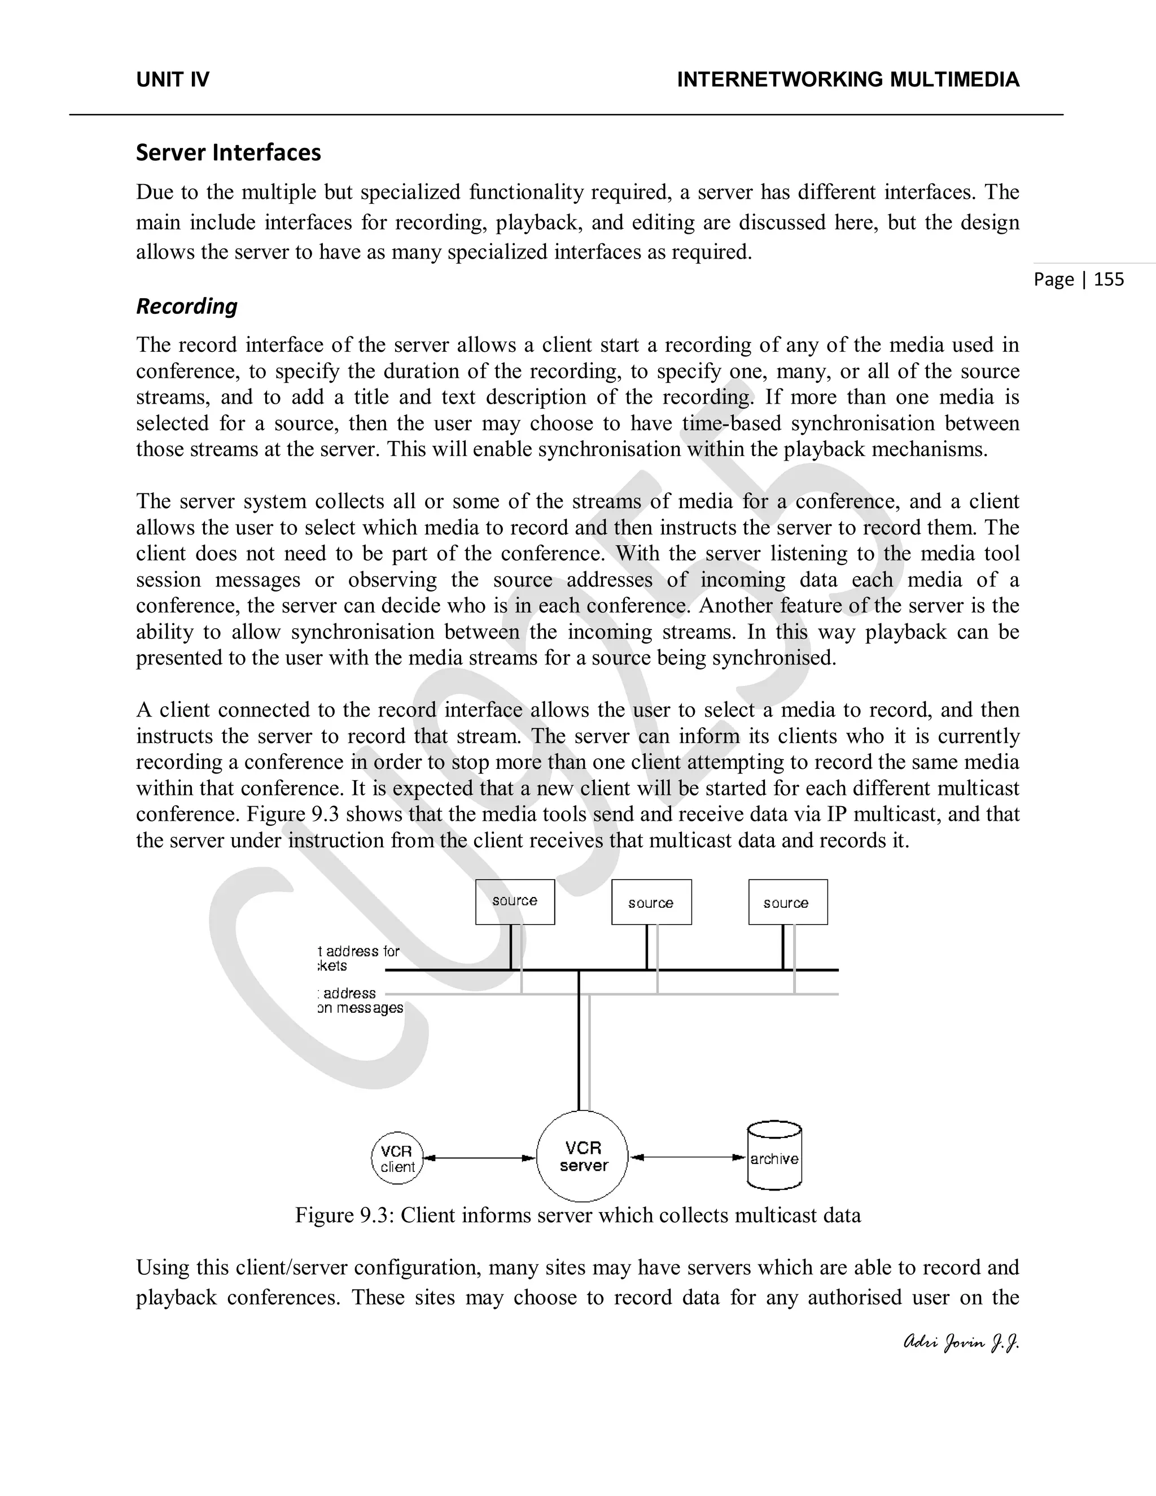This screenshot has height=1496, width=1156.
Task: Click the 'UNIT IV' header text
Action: point(173,80)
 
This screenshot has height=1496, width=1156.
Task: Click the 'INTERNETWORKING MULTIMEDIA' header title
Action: point(848,80)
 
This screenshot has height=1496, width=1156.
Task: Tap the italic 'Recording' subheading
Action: point(186,306)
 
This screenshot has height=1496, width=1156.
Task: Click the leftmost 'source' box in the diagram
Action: point(515,902)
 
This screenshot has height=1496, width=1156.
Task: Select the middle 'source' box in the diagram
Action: point(651,903)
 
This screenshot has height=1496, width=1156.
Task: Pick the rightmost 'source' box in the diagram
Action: point(787,903)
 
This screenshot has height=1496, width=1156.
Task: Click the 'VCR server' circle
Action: point(582,1157)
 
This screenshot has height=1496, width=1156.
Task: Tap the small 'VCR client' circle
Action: point(397,1158)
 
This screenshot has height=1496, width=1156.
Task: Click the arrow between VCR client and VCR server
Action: point(479,1158)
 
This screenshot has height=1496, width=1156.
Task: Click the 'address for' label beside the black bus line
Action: point(362,951)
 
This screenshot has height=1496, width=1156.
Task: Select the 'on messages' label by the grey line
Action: point(360,1008)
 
